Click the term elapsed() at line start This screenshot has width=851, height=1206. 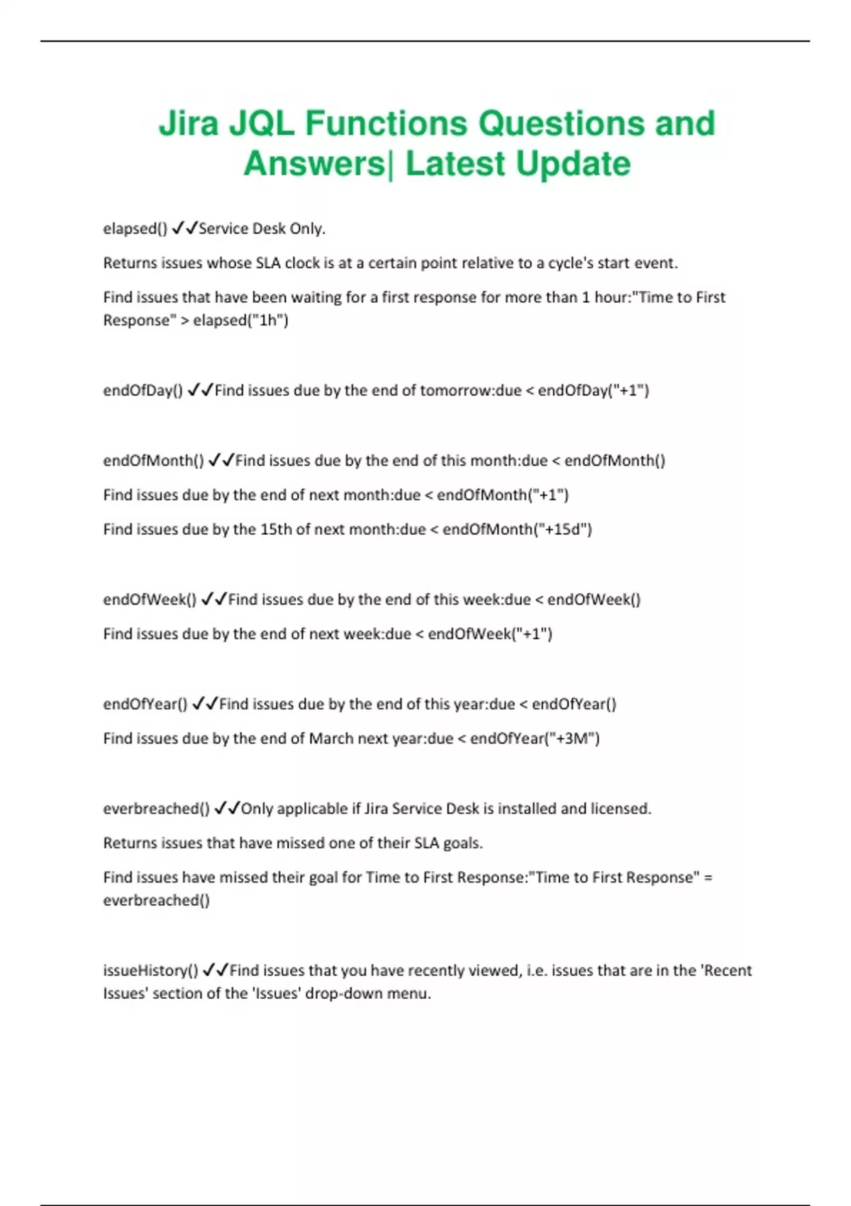135,228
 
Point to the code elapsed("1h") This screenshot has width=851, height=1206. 240,320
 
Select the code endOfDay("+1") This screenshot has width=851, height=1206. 593,390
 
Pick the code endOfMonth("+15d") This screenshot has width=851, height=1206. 517,529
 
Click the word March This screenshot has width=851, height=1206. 330,738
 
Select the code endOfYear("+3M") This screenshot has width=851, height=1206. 535,738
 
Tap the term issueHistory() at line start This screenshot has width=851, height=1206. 150,970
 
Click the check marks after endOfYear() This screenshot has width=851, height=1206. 204,704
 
